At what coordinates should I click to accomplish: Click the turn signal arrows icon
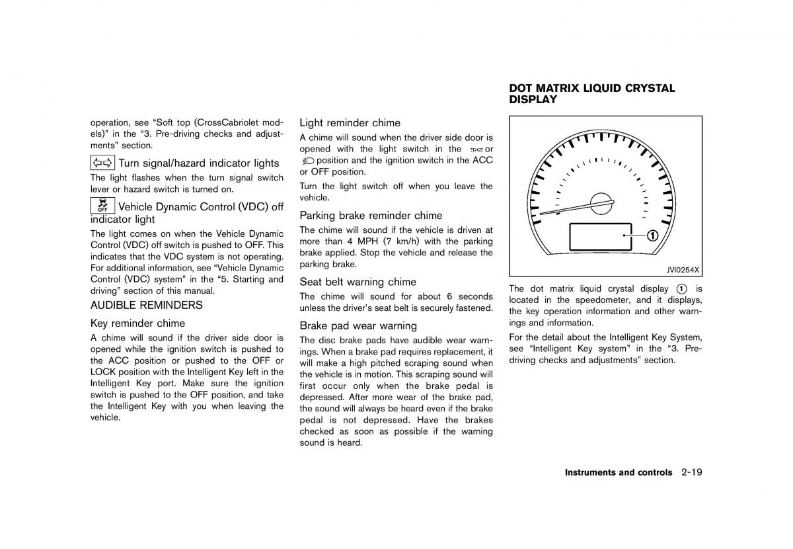[102, 163]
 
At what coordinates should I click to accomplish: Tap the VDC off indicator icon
[102, 206]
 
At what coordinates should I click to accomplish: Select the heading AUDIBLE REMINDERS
[147, 306]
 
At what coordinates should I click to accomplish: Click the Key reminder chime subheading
[137, 323]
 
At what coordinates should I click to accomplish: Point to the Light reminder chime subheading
[350, 122]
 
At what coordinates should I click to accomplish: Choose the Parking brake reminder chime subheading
[371, 215]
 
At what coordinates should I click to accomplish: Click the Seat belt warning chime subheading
[358, 282]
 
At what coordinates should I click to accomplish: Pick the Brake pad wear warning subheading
[358, 325]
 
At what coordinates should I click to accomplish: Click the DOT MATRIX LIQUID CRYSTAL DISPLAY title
[592, 94]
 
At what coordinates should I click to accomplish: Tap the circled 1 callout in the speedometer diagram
[652, 235]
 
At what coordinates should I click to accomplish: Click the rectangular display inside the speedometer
[595, 236]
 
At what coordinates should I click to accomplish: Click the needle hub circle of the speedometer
[602, 204]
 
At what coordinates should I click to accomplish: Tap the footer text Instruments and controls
[618, 473]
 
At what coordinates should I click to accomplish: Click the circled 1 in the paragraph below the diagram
[681, 289]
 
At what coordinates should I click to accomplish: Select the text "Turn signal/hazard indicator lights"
[199, 163]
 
